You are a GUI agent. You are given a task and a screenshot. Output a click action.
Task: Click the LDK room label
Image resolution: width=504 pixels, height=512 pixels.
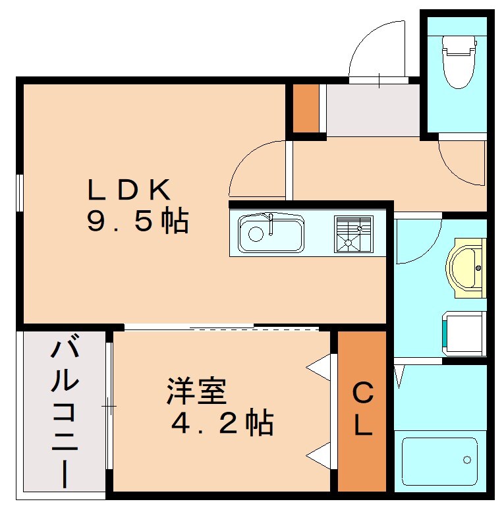tap(130, 190)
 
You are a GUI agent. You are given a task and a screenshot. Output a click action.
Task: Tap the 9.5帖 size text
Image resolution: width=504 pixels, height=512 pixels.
tap(137, 221)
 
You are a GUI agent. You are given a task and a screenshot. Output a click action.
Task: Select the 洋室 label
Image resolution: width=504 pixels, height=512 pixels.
tap(196, 391)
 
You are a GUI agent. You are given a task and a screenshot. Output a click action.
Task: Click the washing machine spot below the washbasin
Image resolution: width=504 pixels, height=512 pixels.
tap(464, 333)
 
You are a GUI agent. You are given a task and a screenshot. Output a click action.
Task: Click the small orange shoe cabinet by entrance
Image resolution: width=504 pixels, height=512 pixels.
tap(306, 109)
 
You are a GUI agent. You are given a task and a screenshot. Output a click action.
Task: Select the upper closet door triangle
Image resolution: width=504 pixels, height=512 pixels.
tap(320, 367)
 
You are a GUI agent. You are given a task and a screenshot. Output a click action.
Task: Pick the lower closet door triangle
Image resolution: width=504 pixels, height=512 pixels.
tap(320, 454)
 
